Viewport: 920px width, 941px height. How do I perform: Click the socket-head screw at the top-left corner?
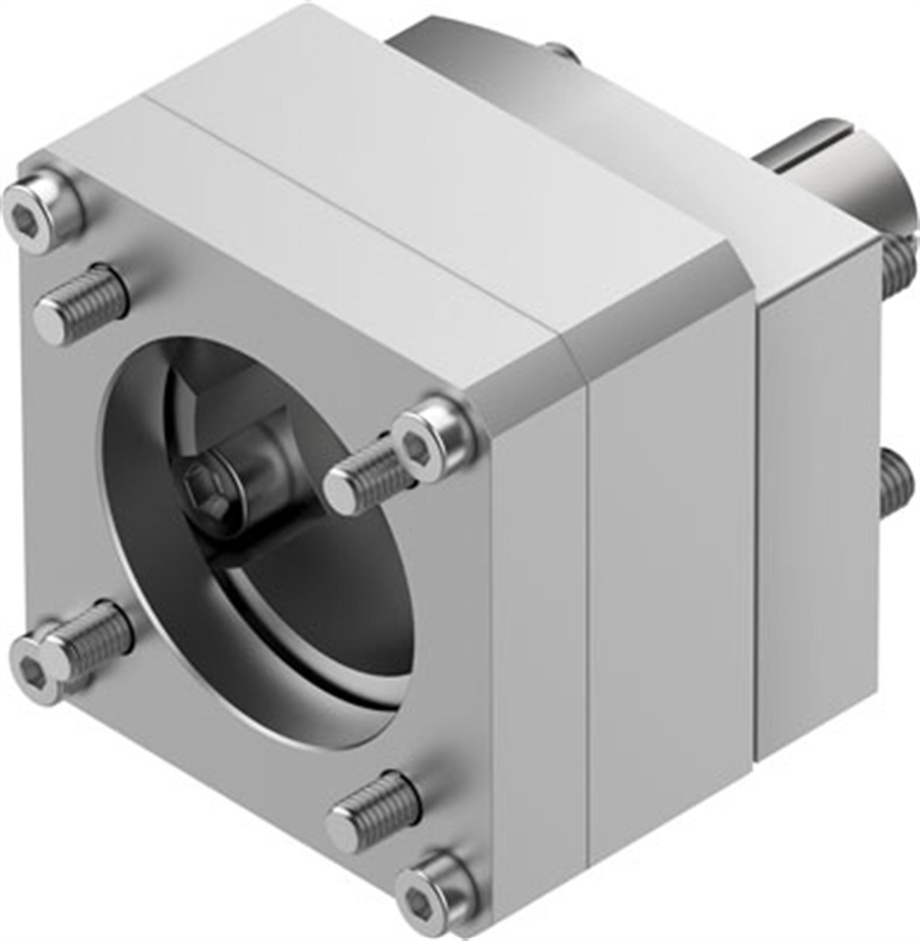(x=41, y=210)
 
